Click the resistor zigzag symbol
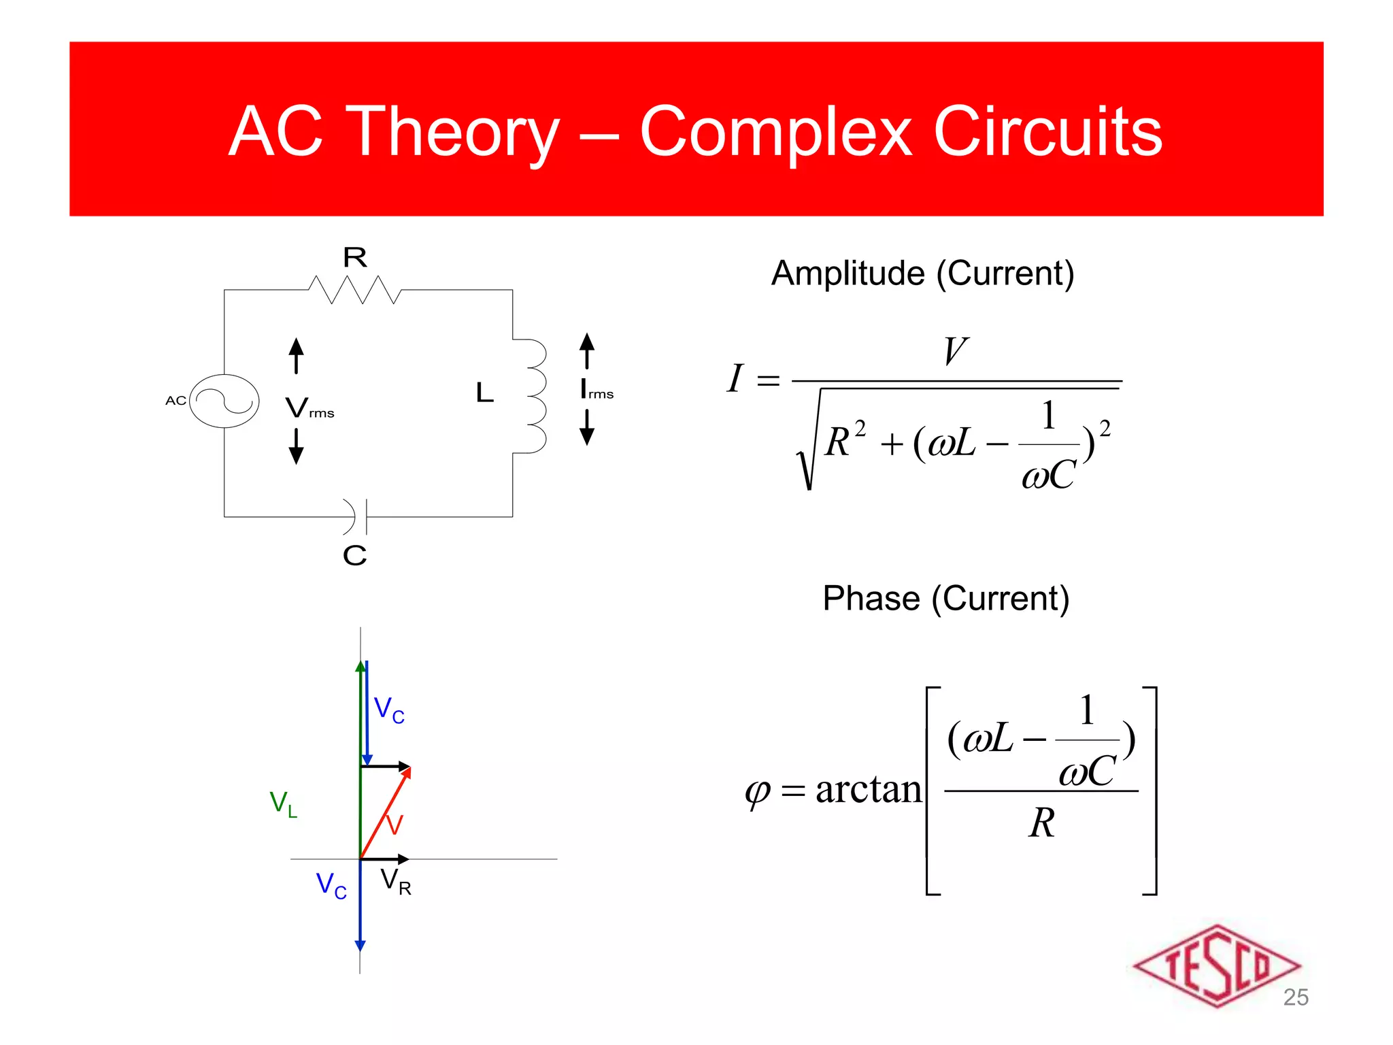point(354,290)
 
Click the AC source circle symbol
point(224,401)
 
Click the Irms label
point(597,390)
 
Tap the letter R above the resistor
point(354,257)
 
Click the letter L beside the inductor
point(484,393)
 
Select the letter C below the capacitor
point(354,555)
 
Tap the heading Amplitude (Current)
point(922,273)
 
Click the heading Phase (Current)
point(945,599)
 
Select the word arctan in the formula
point(868,790)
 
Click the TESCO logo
point(1215,965)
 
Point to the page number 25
point(1295,997)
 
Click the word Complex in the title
point(776,132)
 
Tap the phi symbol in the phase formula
point(757,793)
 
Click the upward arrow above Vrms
point(296,355)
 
